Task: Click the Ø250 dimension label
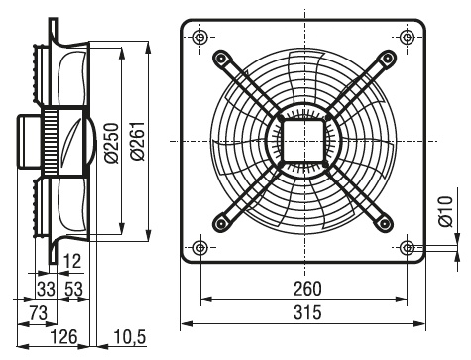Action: (111, 143)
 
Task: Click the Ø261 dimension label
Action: (138, 141)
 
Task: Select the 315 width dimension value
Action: (307, 312)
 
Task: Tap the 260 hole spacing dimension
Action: (307, 289)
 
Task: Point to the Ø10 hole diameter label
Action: (446, 211)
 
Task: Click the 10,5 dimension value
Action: (129, 337)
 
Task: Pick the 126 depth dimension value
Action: (63, 337)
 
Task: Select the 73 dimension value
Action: (39, 312)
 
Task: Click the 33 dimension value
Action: (46, 289)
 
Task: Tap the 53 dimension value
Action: (73, 289)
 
